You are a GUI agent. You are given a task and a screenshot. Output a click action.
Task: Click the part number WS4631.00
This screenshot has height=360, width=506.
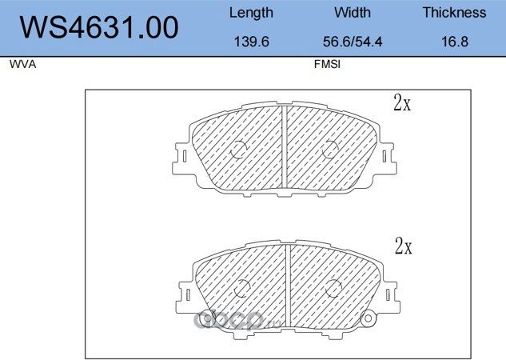tap(99, 27)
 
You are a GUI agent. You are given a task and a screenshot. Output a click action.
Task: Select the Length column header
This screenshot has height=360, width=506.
tap(251, 13)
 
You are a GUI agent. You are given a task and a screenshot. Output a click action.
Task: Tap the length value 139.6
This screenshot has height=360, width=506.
tap(251, 42)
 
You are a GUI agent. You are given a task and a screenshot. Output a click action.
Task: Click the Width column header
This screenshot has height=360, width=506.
tap(353, 13)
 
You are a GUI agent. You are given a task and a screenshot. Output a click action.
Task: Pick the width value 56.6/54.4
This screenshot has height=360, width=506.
tap(353, 42)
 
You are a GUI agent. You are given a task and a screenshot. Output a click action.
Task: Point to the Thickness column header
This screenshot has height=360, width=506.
tap(454, 13)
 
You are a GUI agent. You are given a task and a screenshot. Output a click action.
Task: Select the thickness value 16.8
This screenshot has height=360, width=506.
tap(455, 42)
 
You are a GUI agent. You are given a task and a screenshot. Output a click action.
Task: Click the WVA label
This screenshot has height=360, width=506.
tap(23, 64)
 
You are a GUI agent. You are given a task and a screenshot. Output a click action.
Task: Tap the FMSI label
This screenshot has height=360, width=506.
tap(327, 64)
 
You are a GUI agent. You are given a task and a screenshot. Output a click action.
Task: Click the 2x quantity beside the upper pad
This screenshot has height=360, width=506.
tap(402, 102)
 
